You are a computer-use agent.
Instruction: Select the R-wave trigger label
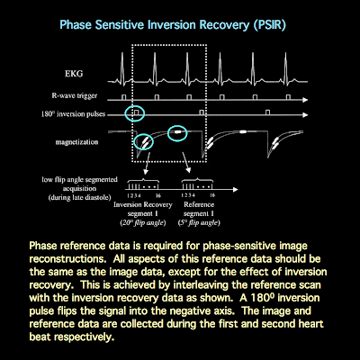click(x=74, y=94)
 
